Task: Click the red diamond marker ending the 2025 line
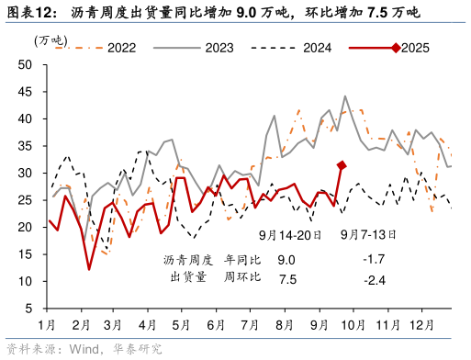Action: click(x=341, y=165)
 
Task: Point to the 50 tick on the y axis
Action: click(x=25, y=64)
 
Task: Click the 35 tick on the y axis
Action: click(x=25, y=146)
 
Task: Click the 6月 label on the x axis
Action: click(x=217, y=325)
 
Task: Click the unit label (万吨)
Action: click(x=50, y=40)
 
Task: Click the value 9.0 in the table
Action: click(x=286, y=260)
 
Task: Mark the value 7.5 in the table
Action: click(x=286, y=278)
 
